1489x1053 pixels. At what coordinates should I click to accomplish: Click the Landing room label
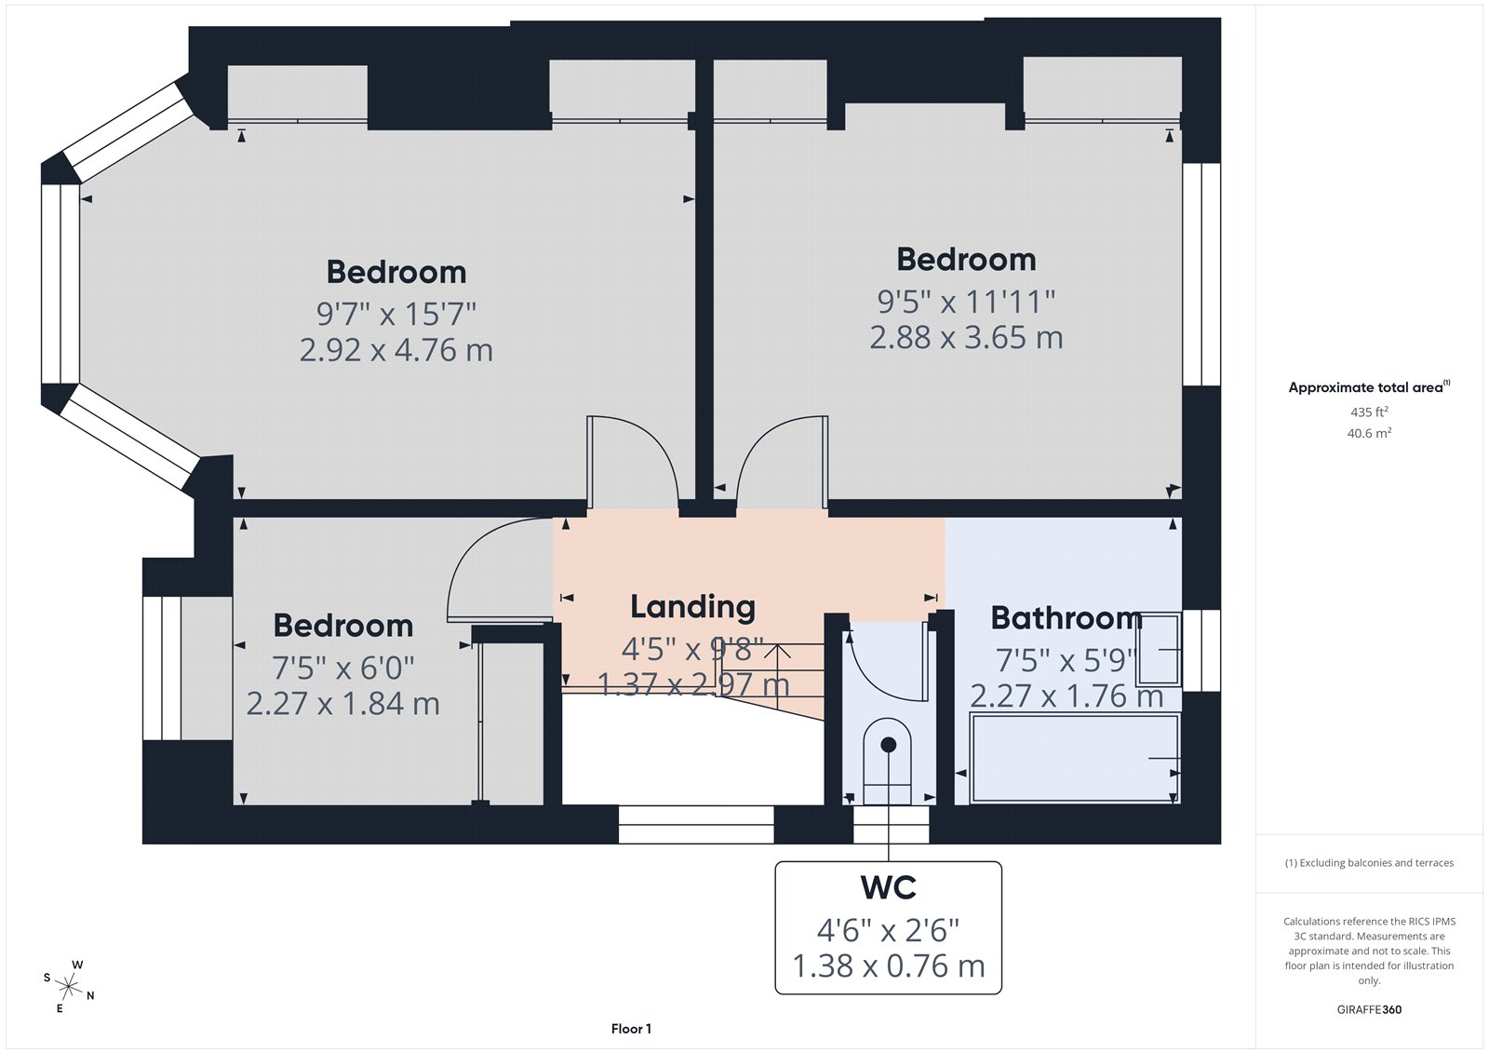tap(692, 607)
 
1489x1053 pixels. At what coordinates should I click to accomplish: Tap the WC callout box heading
tap(889, 888)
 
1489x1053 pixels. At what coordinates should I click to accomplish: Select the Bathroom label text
tap(1066, 618)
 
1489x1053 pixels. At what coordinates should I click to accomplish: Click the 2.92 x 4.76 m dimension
tap(396, 350)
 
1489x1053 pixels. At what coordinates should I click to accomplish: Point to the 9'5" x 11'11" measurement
tap(966, 302)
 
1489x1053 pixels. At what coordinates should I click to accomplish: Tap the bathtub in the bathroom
tap(1074, 758)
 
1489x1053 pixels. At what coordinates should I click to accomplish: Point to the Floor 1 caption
tap(631, 1029)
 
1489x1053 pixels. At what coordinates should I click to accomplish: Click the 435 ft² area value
tap(1369, 412)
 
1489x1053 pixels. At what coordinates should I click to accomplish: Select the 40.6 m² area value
tap(1369, 433)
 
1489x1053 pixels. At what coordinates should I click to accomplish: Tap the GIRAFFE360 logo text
tap(1369, 1009)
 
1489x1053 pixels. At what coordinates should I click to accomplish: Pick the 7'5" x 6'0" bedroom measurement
tap(342, 668)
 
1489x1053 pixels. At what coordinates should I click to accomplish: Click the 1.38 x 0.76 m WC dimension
tap(889, 966)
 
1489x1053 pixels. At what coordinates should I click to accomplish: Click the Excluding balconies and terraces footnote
tap(1369, 863)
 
